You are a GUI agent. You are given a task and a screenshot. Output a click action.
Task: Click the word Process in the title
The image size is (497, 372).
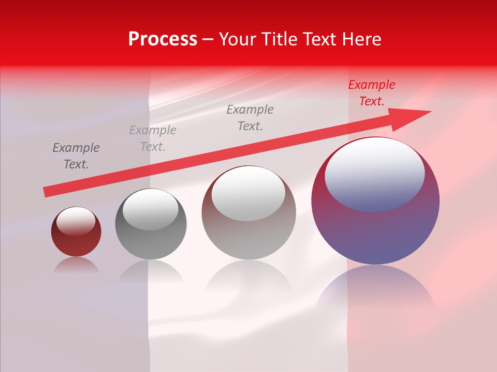pos(163,39)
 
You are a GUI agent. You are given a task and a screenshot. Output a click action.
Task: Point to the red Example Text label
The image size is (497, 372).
pos(371,93)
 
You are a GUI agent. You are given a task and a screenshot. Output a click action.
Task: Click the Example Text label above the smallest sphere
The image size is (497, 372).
pos(76,156)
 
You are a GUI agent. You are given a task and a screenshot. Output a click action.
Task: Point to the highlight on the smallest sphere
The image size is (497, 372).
pos(76,221)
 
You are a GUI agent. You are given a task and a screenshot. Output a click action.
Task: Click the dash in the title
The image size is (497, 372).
pos(208,39)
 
